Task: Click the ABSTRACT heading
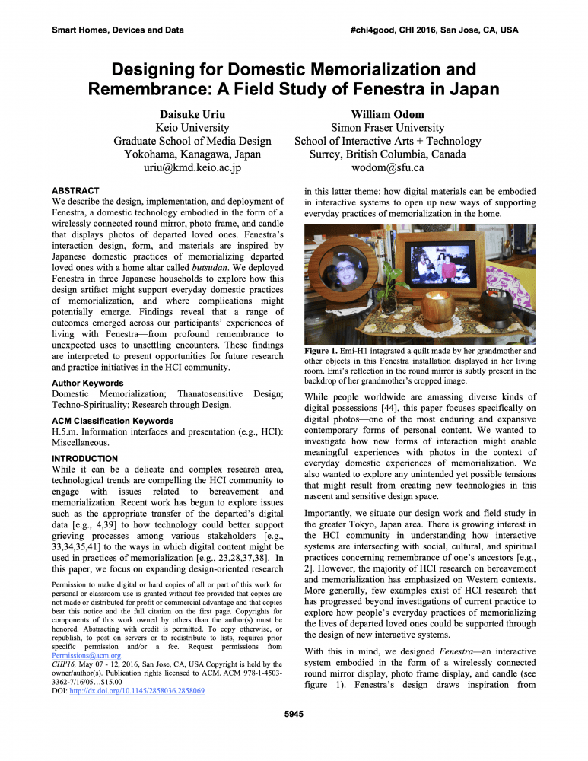tap(75, 190)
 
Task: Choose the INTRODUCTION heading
tap(84, 459)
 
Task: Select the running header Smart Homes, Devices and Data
tap(117, 30)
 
